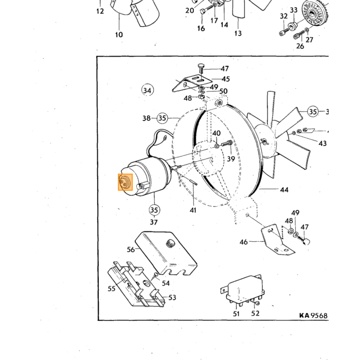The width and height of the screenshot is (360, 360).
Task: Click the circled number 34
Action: pos(147,90)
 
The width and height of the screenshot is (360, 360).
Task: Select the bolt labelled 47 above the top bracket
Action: pos(201,68)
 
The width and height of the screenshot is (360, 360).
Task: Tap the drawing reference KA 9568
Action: pos(313,315)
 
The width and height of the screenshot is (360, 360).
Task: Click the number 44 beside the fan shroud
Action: pos(284,190)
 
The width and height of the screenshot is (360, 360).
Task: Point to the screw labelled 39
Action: pos(227,143)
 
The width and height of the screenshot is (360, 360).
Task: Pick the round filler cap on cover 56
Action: pos(170,243)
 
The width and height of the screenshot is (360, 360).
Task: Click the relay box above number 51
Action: pos(243,290)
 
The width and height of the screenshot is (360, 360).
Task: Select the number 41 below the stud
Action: pos(193,210)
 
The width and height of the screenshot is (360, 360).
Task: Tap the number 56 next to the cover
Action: pos(131,249)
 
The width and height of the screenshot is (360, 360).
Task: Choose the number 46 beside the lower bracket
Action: pos(244,242)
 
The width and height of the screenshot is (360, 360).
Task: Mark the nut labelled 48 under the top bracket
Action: pos(202,96)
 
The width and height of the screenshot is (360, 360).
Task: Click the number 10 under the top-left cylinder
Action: pos(119,34)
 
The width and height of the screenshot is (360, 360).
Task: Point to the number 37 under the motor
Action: pos(154,222)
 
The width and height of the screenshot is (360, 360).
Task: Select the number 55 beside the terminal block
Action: pos(112,289)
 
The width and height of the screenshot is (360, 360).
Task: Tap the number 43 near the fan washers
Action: pos(322,143)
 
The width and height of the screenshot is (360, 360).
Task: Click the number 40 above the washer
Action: pos(217,133)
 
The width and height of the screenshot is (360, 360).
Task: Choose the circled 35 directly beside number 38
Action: pos(163,118)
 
